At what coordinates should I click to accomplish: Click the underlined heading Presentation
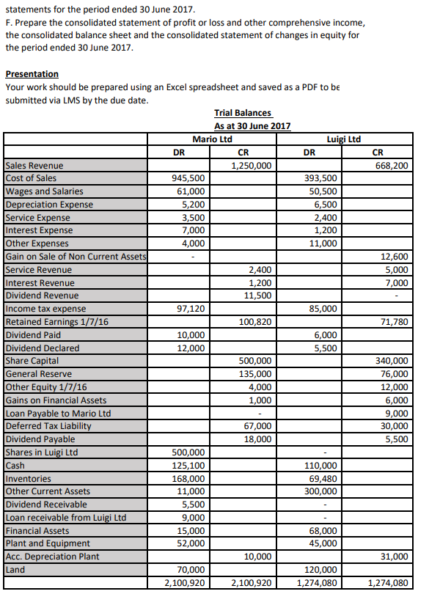(32, 74)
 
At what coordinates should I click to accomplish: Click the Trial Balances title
(243, 113)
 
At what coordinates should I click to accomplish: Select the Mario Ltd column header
(212, 139)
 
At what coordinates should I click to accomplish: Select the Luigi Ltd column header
(343, 139)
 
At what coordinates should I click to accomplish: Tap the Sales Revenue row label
(34, 166)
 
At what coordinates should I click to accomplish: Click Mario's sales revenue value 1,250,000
(252, 166)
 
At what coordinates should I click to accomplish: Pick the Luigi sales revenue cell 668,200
(391, 166)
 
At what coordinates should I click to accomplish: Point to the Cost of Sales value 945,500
(188, 178)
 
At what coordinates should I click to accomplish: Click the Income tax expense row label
(45, 309)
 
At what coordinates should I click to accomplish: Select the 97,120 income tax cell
(191, 309)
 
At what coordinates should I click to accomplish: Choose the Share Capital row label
(32, 361)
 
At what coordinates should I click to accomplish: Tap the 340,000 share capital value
(393, 361)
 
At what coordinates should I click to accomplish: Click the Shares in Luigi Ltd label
(41, 452)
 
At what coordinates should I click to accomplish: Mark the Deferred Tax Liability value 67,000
(257, 426)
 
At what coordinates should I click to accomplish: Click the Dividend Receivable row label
(46, 505)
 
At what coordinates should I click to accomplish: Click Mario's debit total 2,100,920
(182, 583)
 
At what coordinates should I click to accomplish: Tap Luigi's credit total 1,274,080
(388, 583)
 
